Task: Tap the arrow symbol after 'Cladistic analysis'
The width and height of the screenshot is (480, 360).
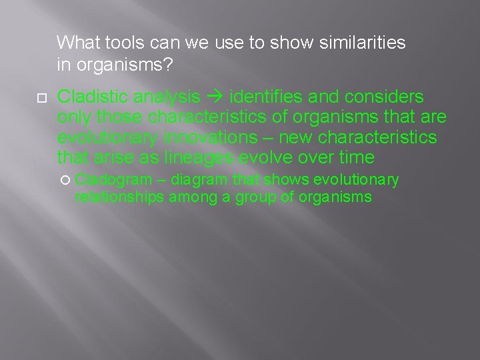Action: point(215,97)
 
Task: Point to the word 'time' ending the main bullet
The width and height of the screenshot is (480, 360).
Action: point(356,158)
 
